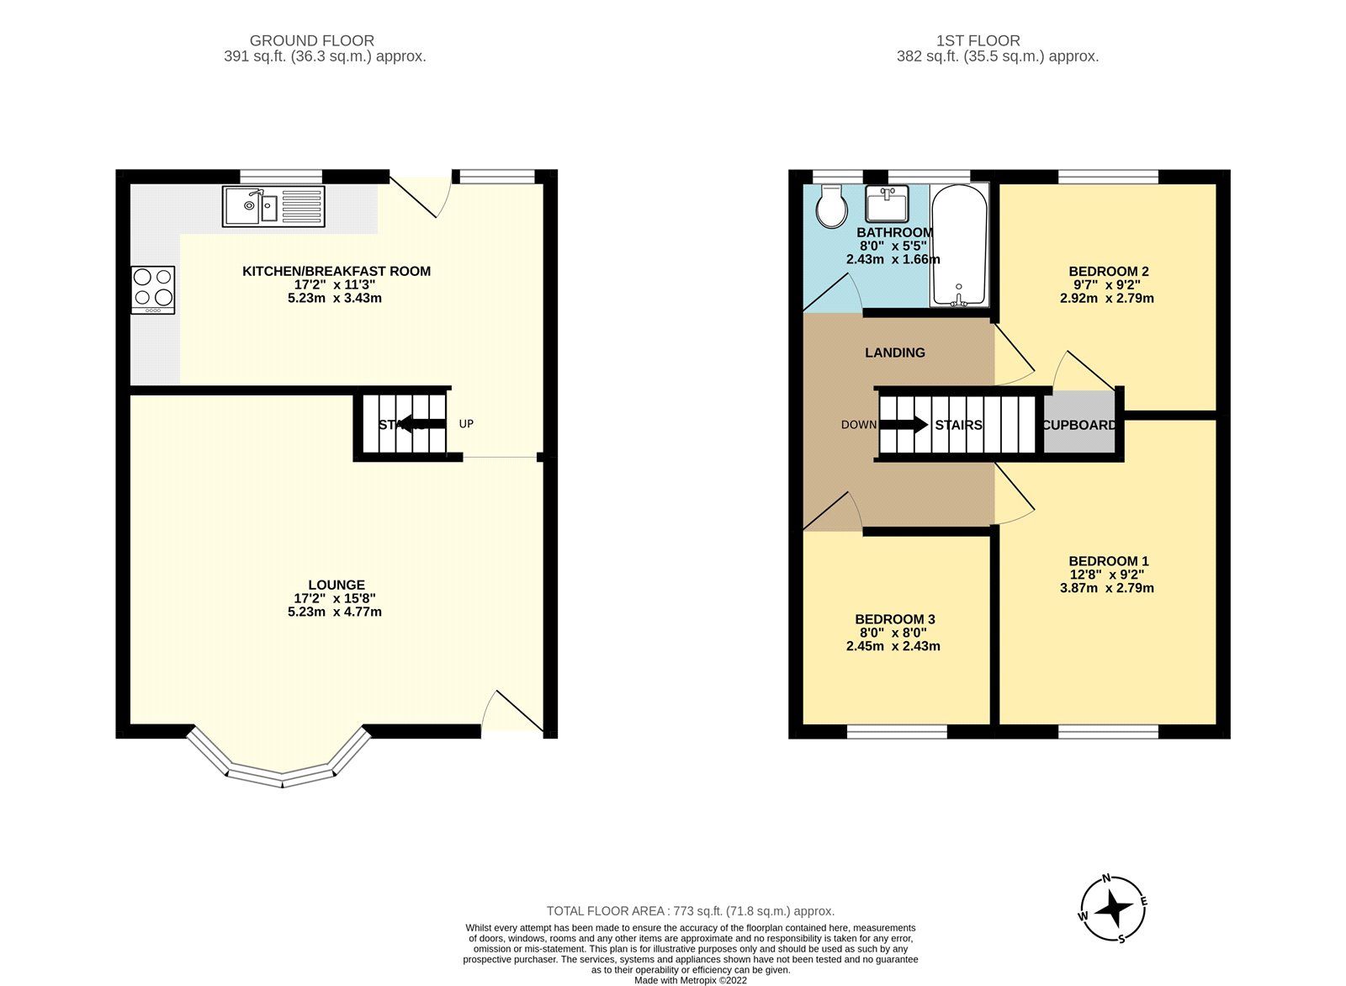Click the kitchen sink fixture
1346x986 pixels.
273,207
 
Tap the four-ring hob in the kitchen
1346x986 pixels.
153,289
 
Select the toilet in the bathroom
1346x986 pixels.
833,206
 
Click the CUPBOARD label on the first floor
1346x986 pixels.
1079,425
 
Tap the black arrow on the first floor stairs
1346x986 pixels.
904,425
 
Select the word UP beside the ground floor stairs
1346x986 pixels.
466,424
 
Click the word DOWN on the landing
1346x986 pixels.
858,425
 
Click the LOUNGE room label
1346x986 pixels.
336,585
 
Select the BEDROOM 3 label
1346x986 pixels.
894,619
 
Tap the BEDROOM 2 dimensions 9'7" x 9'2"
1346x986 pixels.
1108,284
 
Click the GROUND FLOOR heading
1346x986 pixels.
312,40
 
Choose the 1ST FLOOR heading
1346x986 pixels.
978,40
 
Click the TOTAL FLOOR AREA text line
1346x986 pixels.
690,910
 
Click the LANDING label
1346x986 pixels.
895,353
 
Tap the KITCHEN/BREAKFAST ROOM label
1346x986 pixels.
336,271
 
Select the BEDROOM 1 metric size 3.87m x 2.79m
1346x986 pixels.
1106,588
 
